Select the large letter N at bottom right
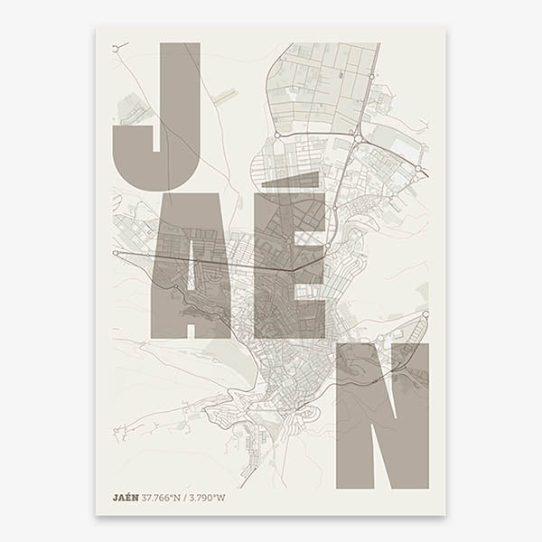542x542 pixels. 382,416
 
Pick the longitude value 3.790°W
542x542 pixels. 210,497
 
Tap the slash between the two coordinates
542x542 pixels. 191,497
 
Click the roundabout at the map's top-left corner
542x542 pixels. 116,48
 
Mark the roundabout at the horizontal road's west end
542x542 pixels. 116,254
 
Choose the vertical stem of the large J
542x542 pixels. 180,90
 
